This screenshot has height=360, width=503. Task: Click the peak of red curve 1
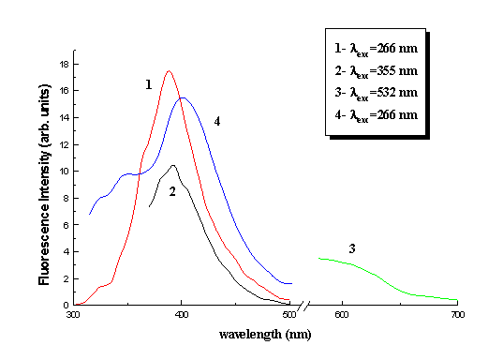click(169, 71)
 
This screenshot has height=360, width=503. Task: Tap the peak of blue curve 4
click(184, 98)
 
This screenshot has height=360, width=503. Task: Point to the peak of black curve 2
click(173, 165)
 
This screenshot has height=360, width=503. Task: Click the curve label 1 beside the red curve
click(148, 84)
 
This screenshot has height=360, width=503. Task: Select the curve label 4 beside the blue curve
click(215, 121)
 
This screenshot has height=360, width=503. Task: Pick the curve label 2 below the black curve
click(172, 191)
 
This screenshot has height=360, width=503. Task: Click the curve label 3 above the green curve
click(352, 248)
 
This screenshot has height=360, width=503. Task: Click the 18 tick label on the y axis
click(63, 64)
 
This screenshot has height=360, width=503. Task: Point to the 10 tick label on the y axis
click(63, 172)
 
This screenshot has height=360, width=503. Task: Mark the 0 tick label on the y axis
click(66, 305)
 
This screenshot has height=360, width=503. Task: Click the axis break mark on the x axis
click(301, 306)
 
